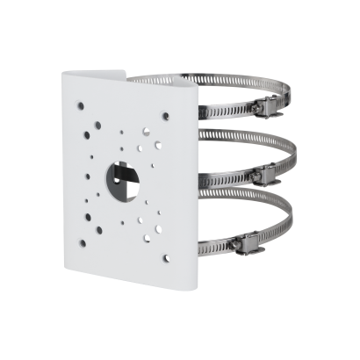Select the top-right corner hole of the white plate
pyautogui.click(x=166, y=113)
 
